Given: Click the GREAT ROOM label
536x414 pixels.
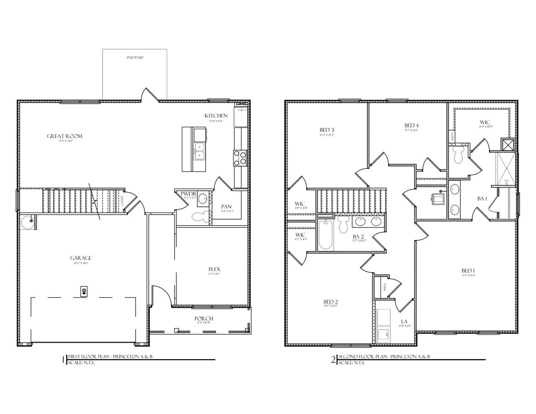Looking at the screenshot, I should (64, 136).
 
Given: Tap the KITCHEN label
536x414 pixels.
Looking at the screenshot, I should (216, 116).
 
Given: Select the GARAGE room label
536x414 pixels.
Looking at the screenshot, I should (81, 258).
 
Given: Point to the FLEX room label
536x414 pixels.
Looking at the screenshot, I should (214, 269).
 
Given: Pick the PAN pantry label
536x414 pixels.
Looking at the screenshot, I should (227, 206).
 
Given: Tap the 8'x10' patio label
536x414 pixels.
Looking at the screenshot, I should (135, 57).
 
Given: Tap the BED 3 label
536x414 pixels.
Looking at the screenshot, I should (327, 130).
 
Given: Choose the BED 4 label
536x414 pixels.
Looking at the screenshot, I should (412, 126).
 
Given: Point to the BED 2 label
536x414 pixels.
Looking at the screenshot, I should (331, 302).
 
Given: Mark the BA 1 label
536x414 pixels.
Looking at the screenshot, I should (482, 198).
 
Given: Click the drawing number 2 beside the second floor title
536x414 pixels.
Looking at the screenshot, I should (333, 360).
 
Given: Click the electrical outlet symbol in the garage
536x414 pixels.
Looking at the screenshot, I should (84, 291).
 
